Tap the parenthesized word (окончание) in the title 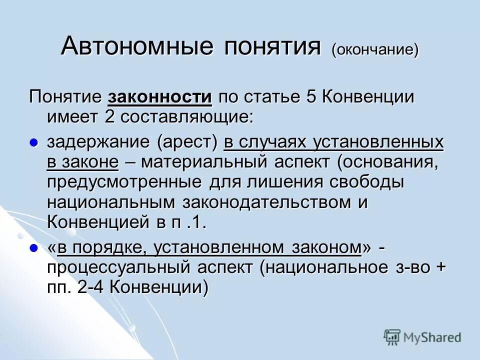[x=374, y=49]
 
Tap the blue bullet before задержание [x=34, y=143]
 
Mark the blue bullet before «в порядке [x=34, y=247]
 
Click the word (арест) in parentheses [x=187, y=143]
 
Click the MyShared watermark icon [x=392, y=337]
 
